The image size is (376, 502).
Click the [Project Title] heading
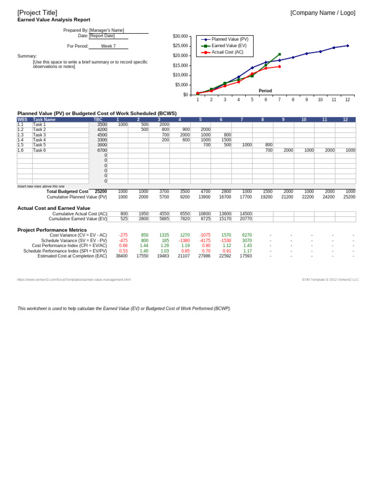click(37, 13)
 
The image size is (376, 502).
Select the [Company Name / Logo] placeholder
click(323, 13)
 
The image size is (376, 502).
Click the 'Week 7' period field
click(108, 46)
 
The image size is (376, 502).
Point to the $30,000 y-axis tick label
click(180, 36)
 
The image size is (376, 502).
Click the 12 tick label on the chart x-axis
click(348, 100)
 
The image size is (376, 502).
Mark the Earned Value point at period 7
click(280, 54)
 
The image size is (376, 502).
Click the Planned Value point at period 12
click(348, 46)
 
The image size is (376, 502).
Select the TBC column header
click(98, 120)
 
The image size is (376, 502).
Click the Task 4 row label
click(39, 140)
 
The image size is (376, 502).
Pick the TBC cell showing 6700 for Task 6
click(102, 151)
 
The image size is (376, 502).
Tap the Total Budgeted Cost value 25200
click(101, 192)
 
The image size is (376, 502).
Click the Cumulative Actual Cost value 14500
click(246, 214)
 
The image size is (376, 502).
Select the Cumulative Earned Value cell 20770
click(246, 219)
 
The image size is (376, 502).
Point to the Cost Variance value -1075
click(205, 235)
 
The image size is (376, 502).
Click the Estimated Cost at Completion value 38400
click(121, 256)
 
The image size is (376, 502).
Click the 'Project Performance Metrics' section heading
click(52, 230)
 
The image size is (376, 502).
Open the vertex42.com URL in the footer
click(74, 279)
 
